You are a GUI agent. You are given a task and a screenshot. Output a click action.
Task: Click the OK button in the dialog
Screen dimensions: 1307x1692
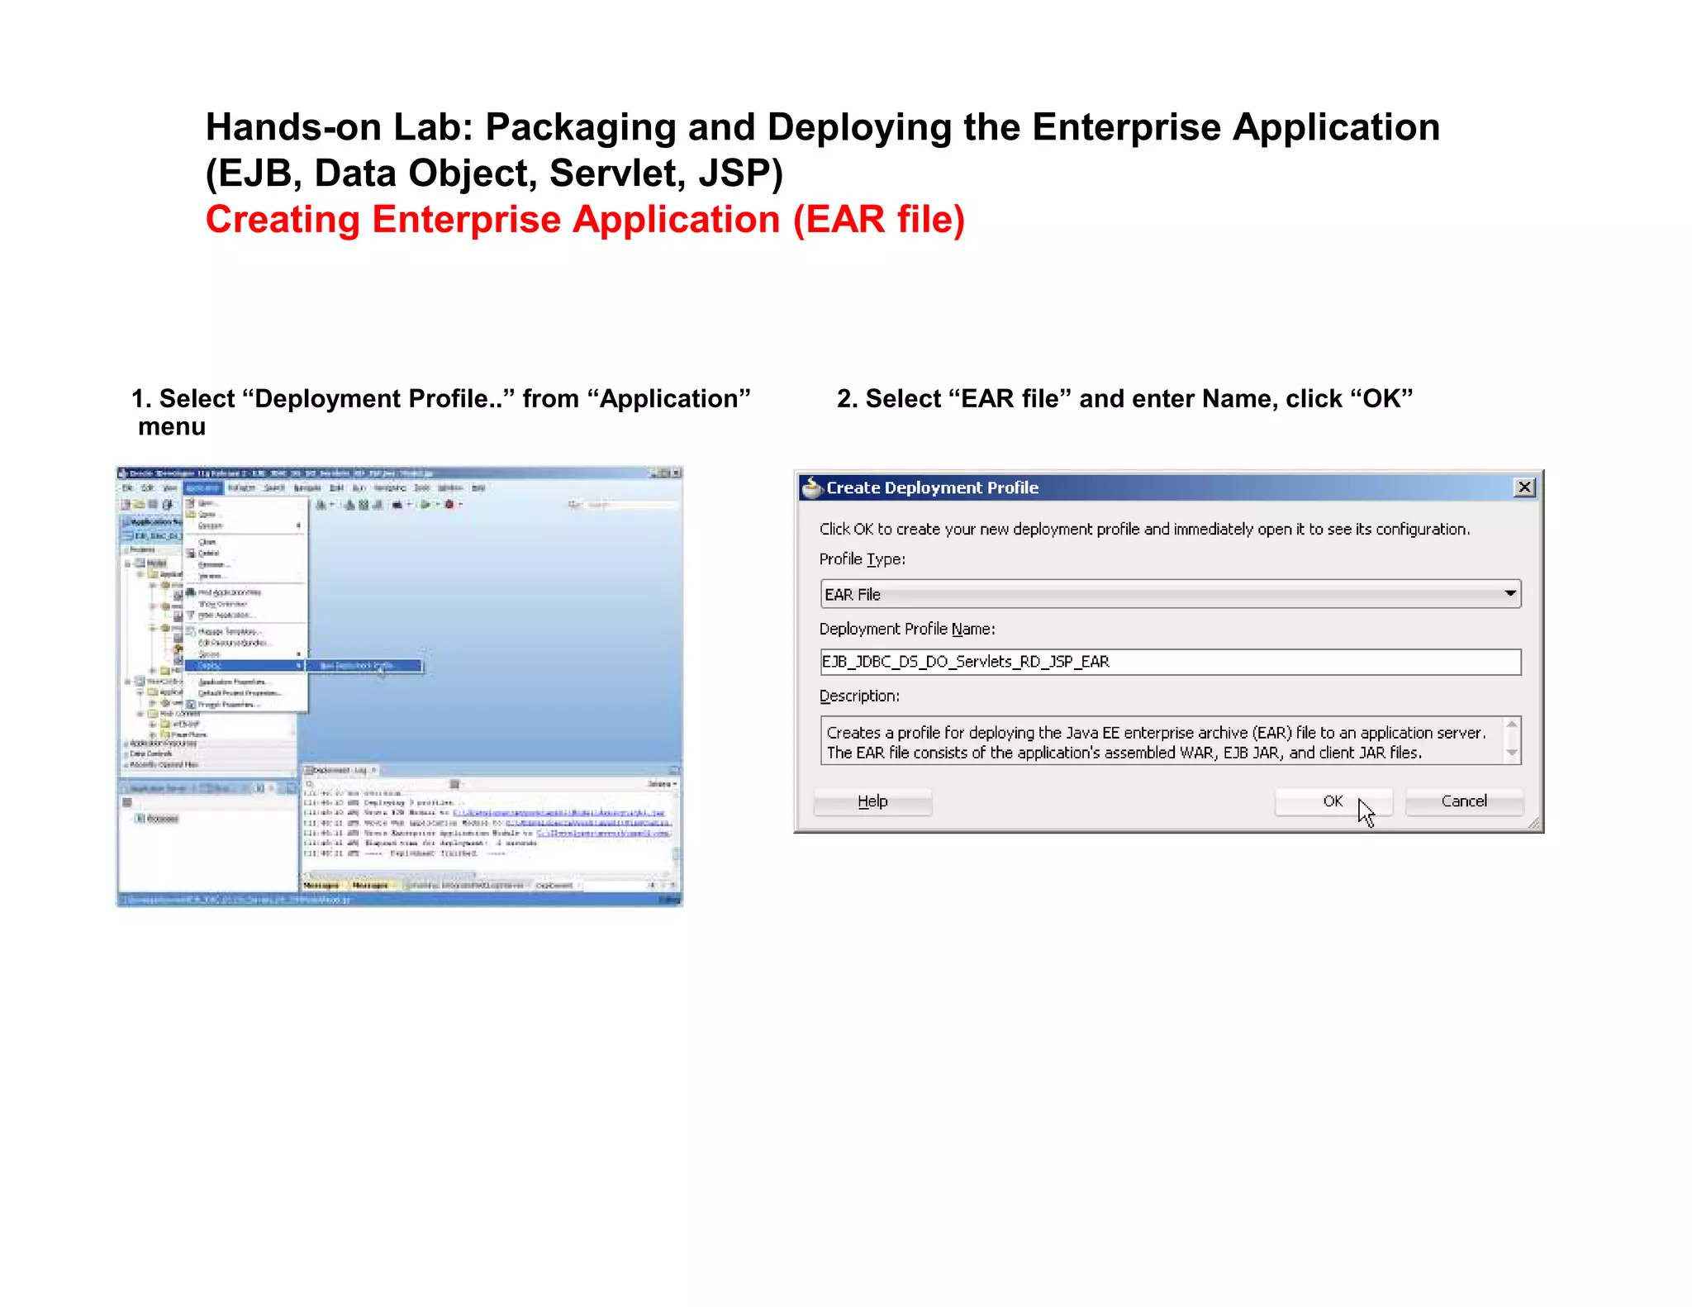(x=1332, y=801)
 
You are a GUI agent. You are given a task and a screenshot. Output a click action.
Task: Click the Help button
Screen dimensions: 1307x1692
(x=872, y=801)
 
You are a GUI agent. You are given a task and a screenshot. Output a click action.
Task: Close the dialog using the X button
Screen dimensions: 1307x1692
(x=1524, y=487)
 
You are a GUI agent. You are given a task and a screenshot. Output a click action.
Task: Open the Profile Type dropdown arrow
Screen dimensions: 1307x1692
(x=1509, y=594)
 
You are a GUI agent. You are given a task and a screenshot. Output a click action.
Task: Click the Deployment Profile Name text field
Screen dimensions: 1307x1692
(x=1170, y=662)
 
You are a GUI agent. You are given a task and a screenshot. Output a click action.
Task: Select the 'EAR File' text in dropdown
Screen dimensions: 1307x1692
(x=853, y=595)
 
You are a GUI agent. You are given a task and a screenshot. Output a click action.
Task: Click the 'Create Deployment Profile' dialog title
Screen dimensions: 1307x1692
(x=932, y=487)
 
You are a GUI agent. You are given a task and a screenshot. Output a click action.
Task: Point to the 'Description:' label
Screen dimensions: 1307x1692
(x=859, y=696)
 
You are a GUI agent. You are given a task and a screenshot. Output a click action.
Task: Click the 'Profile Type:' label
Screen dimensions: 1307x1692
(x=862, y=559)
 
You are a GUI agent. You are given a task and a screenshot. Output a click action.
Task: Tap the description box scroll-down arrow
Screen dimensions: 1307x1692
(x=1512, y=753)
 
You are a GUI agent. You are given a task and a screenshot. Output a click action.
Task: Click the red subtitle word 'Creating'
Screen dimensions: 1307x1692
(x=283, y=220)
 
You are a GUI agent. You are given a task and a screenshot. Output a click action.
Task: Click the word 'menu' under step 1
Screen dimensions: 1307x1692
(x=172, y=427)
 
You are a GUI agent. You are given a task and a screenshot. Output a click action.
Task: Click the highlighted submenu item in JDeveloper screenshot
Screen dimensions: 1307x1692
(x=364, y=666)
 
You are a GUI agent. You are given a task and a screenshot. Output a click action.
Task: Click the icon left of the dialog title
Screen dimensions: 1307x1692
(x=812, y=487)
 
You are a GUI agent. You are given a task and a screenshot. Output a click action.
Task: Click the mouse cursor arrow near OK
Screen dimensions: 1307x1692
(x=1365, y=811)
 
